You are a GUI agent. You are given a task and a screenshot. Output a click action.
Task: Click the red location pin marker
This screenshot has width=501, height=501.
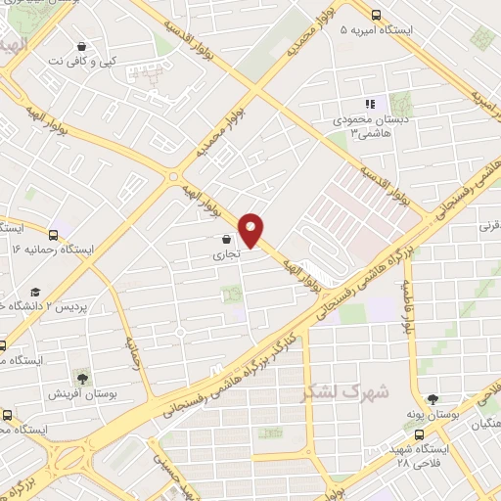tap(251, 230)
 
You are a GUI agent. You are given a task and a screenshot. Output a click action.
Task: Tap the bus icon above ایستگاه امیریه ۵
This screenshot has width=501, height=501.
tap(376, 14)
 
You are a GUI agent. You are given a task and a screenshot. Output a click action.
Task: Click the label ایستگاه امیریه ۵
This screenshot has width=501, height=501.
tap(376, 30)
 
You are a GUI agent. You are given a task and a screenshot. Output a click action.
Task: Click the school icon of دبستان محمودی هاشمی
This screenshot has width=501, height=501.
tap(369, 104)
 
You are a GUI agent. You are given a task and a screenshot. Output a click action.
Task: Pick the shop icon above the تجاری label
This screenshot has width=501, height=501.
tap(227, 239)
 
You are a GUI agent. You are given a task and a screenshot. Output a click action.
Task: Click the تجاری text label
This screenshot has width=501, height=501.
tap(226, 254)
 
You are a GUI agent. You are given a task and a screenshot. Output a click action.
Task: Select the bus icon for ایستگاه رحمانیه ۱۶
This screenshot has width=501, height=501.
tap(53, 235)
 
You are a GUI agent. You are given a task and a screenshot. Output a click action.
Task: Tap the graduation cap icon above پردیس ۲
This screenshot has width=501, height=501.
tap(35, 293)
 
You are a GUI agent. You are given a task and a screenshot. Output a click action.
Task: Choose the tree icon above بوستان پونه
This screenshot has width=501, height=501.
tap(433, 398)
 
